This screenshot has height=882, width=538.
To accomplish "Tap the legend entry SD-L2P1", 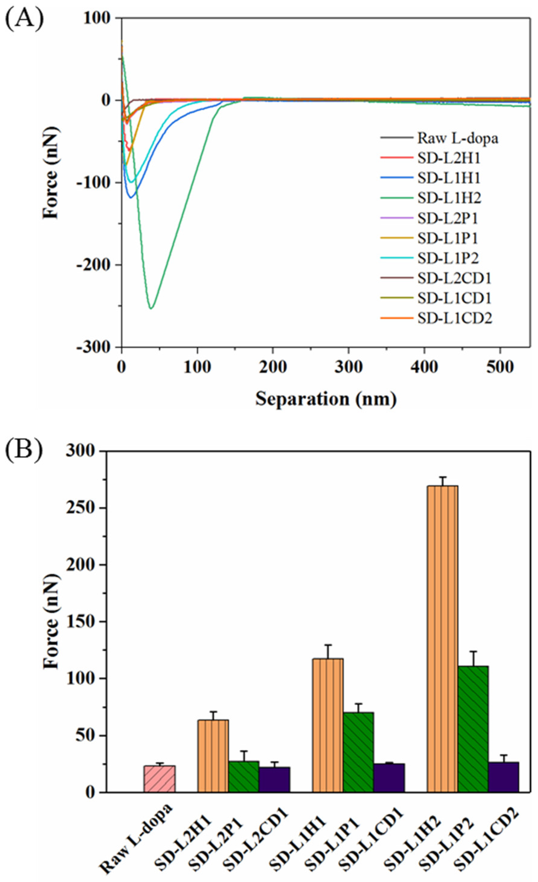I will (447, 218).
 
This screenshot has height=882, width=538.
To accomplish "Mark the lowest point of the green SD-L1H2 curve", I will (151, 308).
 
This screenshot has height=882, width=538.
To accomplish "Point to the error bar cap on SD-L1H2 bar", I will (442, 477).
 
